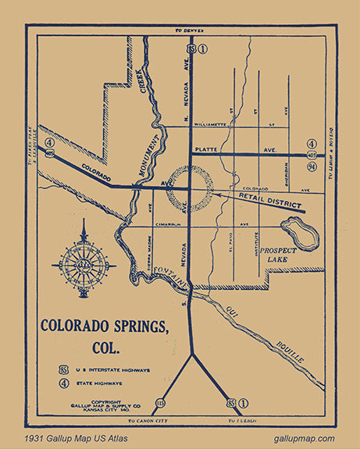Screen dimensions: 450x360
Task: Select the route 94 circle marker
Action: (312, 166)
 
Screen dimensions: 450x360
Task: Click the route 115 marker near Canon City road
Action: (160, 403)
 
